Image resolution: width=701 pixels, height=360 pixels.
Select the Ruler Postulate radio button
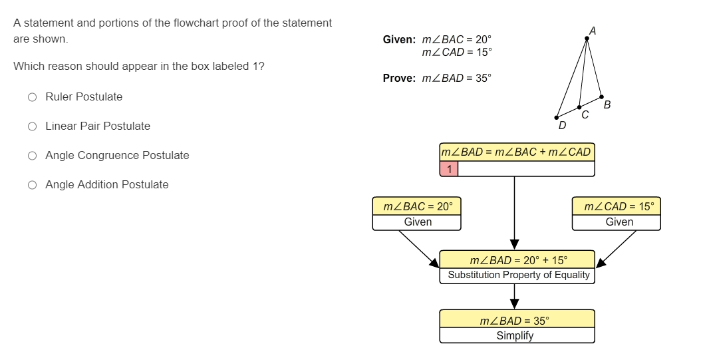pyautogui.click(x=32, y=97)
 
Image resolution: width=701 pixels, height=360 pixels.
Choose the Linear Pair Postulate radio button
pyautogui.click(x=32, y=126)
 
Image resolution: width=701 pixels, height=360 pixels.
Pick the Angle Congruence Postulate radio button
pyautogui.click(x=32, y=156)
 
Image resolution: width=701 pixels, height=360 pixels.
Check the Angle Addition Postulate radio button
pyautogui.click(x=32, y=185)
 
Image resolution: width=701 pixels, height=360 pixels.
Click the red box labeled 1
pyautogui.click(x=449, y=169)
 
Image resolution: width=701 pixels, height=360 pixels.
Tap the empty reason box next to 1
pyautogui.click(x=526, y=169)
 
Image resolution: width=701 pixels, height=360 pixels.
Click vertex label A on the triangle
pyautogui.click(x=592, y=30)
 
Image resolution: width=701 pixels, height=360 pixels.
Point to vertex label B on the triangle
pyautogui.click(x=607, y=104)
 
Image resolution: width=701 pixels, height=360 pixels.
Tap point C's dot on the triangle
pyautogui.click(x=579, y=106)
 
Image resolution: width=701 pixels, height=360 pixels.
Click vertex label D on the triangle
pyautogui.click(x=562, y=124)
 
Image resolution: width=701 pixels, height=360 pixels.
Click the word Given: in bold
pyautogui.click(x=399, y=40)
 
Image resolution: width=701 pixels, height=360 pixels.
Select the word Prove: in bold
pyautogui.click(x=399, y=79)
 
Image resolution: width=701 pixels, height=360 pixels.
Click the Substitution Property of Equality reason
pyautogui.click(x=518, y=275)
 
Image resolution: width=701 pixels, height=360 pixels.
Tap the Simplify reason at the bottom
pyautogui.click(x=515, y=335)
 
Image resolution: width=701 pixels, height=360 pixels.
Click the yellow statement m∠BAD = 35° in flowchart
pyautogui.click(x=515, y=320)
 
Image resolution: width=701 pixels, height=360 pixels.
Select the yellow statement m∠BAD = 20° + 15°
pyautogui.click(x=518, y=260)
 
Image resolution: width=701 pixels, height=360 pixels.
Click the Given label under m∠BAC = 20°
pyautogui.click(x=418, y=222)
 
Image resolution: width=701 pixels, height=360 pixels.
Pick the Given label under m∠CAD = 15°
pyautogui.click(x=619, y=222)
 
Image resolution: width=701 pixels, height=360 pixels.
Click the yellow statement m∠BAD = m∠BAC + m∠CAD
pyautogui.click(x=516, y=152)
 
